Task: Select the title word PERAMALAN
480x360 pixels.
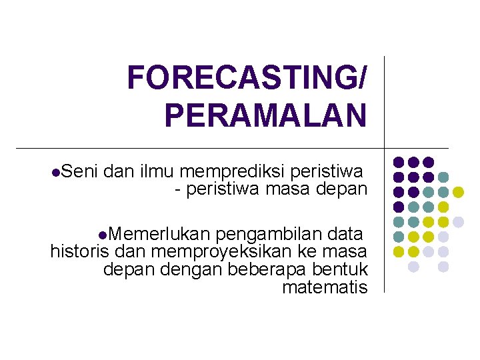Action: pos(265,115)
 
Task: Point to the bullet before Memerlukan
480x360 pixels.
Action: pos(101,235)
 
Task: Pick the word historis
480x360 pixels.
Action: pos(80,251)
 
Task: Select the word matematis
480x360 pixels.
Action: pos(325,287)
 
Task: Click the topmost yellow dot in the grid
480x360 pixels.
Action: pos(458,192)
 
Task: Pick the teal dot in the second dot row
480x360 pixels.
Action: pos(443,177)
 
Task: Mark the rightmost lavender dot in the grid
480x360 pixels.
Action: pos(458,221)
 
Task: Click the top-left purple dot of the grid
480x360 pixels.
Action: pos(399,162)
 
